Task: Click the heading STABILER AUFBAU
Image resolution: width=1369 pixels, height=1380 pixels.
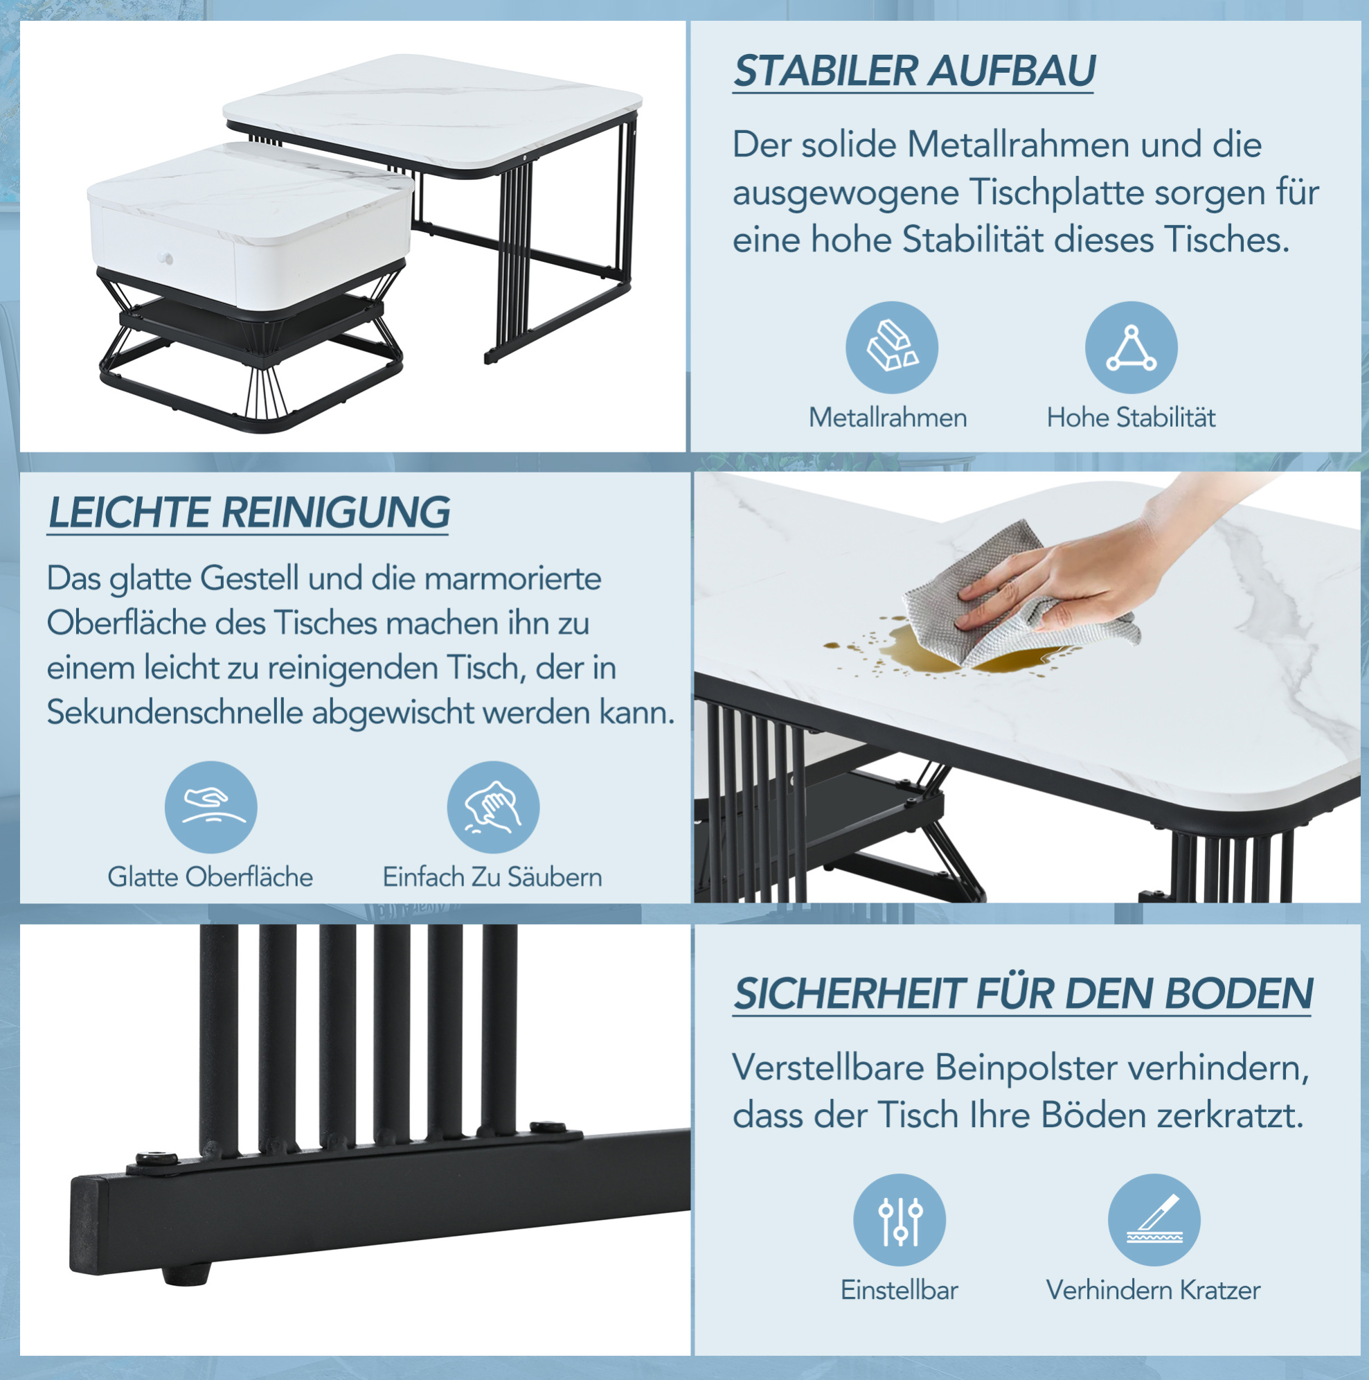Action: coord(914,71)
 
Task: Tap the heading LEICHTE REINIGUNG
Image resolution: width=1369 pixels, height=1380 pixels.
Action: coord(249,512)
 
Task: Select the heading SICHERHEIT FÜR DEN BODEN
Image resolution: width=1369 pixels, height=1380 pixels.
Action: coord(1023,993)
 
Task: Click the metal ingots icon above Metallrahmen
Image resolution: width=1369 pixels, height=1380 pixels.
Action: coord(892,347)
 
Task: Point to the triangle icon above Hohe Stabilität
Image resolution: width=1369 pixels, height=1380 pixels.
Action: coord(1131,347)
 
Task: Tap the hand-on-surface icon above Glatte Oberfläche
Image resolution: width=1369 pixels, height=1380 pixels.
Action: coord(211,807)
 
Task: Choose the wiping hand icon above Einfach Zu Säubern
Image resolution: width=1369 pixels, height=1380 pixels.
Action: coord(493,807)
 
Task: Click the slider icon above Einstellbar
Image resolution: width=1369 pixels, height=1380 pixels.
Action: coord(899,1220)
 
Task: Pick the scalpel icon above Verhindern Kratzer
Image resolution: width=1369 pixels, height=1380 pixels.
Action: coord(1154,1220)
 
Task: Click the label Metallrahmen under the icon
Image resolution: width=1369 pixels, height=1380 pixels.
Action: coord(888,418)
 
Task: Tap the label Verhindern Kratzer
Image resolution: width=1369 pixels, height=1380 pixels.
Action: coord(1153,1291)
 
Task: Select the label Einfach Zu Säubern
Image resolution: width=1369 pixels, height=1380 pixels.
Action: coord(492,877)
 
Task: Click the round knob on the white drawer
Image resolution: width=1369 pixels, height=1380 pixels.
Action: coord(165,257)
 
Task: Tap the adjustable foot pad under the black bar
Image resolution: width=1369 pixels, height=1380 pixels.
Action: coord(186,1272)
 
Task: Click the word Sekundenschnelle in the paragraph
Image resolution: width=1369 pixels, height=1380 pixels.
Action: coord(175,713)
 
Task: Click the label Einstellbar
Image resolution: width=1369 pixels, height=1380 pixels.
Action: coord(899,1291)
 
